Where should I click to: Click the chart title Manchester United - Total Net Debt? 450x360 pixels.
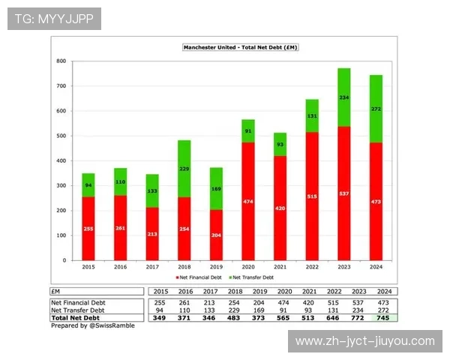[x=240, y=47]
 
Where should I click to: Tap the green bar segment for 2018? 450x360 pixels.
[x=184, y=169]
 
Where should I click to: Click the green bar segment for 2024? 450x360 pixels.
[x=376, y=109]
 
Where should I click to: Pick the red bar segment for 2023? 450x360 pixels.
[x=343, y=193]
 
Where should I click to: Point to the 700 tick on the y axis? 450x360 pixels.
[x=61, y=85]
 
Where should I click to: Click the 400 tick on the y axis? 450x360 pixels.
[x=61, y=160]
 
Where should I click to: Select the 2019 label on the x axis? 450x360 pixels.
[x=215, y=267]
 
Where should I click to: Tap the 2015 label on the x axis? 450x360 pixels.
[x=88, y=267]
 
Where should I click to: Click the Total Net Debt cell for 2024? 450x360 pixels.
[x=384, y=317]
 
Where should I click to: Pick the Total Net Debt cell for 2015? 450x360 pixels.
[x=160, y=317]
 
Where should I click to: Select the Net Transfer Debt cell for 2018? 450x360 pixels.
[x=234, y=310]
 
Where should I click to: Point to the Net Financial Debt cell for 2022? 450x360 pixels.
[x=334, y=301]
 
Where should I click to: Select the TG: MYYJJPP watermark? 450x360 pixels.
[x=54, y=19]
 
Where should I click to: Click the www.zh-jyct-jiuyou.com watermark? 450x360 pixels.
[x=364, y=341]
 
